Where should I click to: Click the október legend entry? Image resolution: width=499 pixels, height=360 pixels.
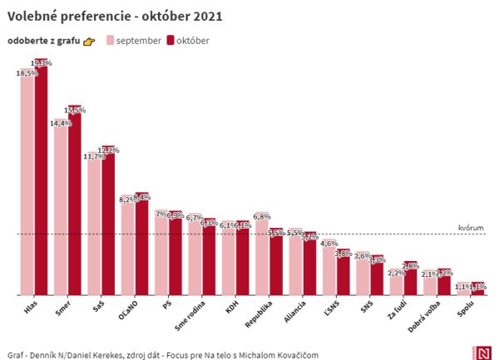pos(187,41)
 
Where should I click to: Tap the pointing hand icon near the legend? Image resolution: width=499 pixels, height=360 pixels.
pos(90,42)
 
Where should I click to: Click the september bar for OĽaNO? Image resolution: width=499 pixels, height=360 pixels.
pos(127,246)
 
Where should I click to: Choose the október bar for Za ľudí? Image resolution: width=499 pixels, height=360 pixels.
pos(409,279)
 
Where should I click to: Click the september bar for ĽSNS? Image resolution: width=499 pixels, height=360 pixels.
pos(329,269)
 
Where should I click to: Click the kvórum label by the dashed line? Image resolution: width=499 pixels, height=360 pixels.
pos(470,228)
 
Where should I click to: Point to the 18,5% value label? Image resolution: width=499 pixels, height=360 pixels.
pos(27,73)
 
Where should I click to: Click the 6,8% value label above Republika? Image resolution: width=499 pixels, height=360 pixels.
pos(261,216)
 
